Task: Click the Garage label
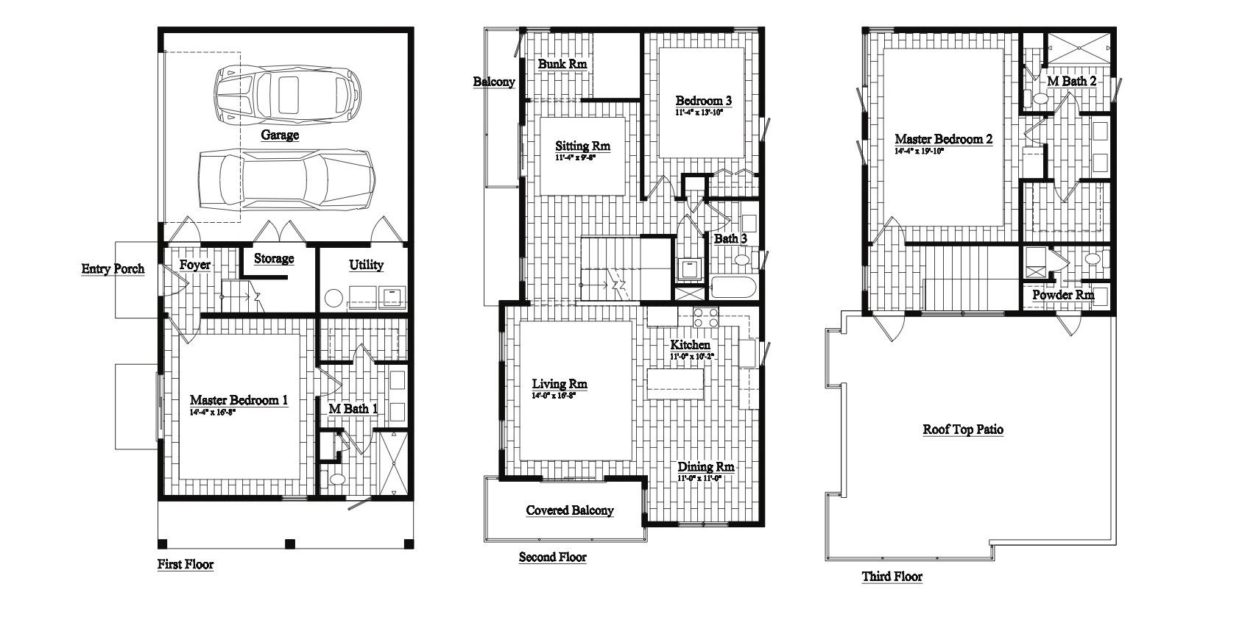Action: click(280, 135)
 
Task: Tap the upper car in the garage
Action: click(288, 94)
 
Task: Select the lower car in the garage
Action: click(287, 180)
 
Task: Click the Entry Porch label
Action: click(113, 269)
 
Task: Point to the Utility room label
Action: click(366, 266)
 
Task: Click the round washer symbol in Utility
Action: click(334, 297)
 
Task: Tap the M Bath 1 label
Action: click(353, 409)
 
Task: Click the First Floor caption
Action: click(186, 565)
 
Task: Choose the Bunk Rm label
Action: click(562, 65)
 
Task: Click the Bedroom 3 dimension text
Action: click(699, 113)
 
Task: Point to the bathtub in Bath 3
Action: click(733, 288)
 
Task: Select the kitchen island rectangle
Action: click(675, 383)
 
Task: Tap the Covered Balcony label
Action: click(569, 510)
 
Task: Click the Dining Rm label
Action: click(705, 467)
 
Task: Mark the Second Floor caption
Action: click(552, 557)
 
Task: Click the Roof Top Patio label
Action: click(963, 430)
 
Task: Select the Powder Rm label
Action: click(1062, 296)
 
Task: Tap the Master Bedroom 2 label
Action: click(943, 139)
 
